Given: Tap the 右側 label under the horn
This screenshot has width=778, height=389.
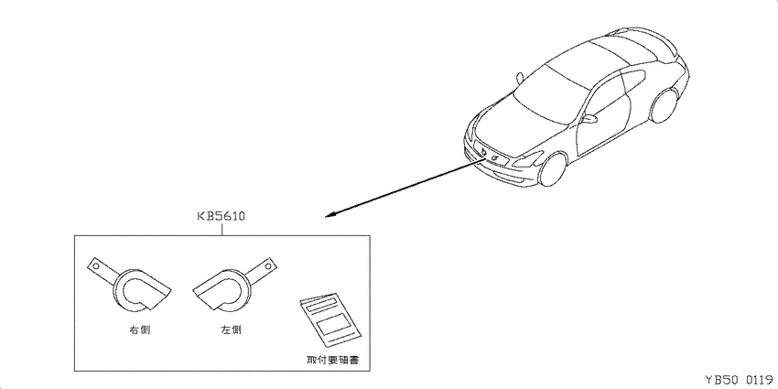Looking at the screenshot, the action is (138, 330).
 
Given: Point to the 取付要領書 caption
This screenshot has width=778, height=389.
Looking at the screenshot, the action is (332, 359).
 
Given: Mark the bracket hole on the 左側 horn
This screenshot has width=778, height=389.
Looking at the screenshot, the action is (267, 266).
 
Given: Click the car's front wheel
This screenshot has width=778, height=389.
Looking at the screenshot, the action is (553, 169).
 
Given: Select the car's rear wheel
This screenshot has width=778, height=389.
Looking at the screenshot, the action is (665, 105).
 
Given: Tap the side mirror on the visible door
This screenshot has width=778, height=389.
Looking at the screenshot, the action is (589, 119).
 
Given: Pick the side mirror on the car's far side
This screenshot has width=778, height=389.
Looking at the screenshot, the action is (520, 78).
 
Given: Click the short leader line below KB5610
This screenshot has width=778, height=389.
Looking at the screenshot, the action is (222, 229).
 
